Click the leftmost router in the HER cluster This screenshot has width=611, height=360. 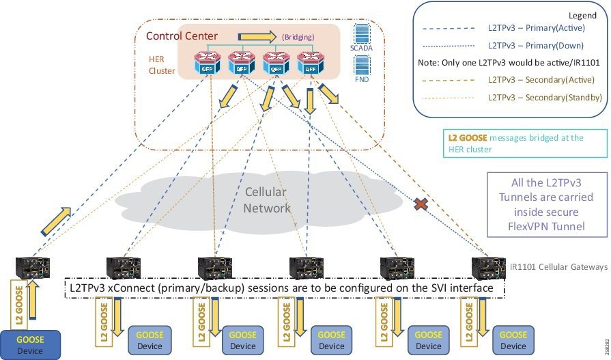(x=208, y=64)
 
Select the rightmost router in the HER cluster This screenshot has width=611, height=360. (x=309, y=64)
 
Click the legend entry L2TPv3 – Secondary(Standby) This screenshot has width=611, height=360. (x=545, y=98)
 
